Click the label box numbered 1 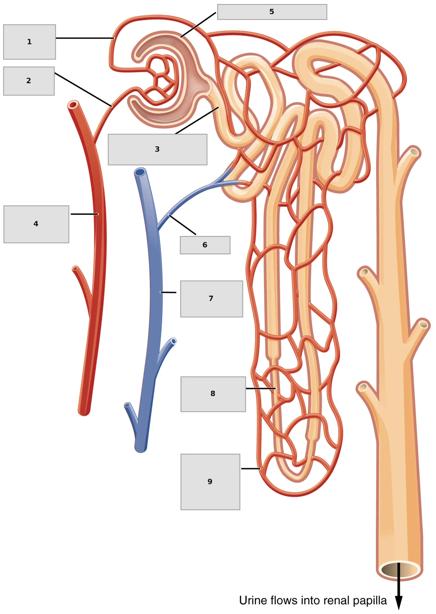[29, 42]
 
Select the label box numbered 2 [29, 81]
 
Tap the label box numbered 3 [158, 149]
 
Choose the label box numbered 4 [36, 224]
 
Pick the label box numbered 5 [272, 12]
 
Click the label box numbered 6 [205, 245]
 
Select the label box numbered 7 [212, 299]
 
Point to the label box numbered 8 [213, 394]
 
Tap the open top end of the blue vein [140, 172]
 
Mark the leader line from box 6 [182, 225]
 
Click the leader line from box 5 [198, 25]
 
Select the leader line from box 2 [83, 90]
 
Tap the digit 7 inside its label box [211, 298]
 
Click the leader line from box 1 [85, 38]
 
